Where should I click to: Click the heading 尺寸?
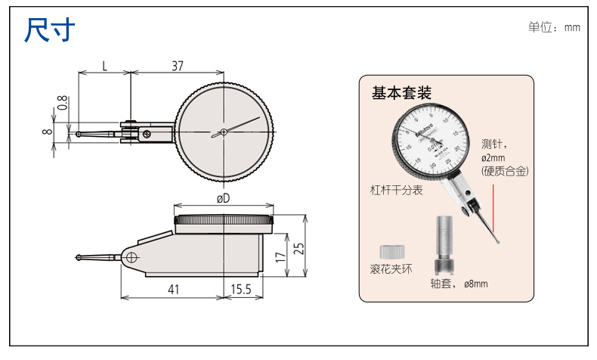point(50,29)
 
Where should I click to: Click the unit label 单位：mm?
point(554,26)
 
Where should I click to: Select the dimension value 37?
point(178,66)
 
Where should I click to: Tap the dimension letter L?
point(105,66)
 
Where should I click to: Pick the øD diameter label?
point(223,198)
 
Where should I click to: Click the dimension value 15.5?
point(242,288)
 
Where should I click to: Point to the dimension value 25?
point(298,247)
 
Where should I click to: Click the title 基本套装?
point(401,93)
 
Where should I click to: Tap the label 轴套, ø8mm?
point(459,284)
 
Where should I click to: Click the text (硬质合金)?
point(505,172)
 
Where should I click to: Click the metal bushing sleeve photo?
point(444,246)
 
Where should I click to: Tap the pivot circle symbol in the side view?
point(133,257)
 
